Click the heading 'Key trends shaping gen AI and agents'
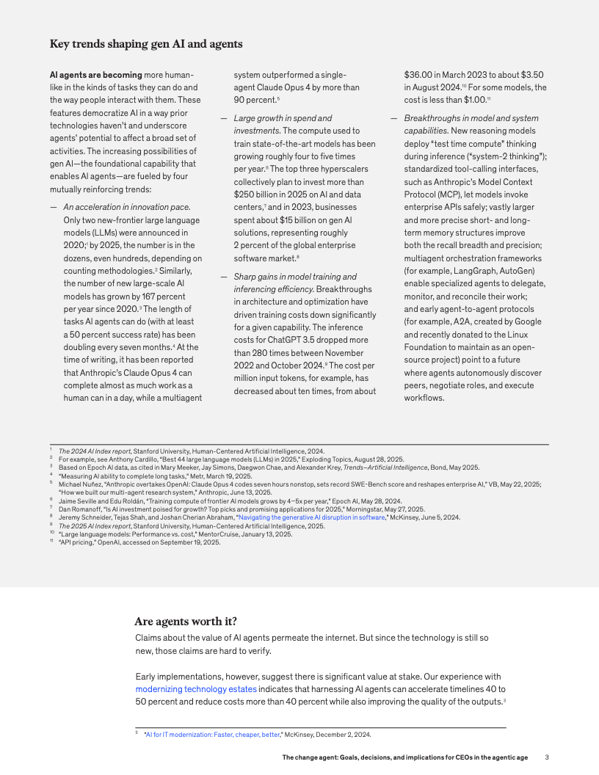[146, 44]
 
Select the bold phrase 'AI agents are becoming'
[95, 75]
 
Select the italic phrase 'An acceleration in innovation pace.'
[127, 208]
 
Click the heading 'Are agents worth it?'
[186, 621]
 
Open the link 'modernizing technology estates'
[196, 689]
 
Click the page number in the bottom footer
[547, 757]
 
